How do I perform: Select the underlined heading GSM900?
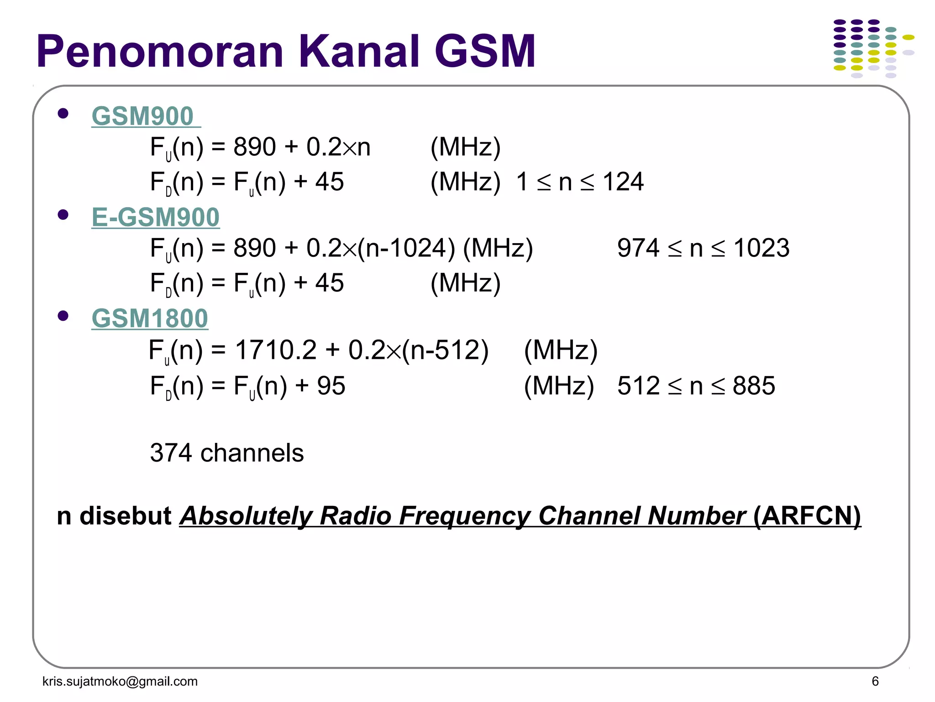tap(143, 116)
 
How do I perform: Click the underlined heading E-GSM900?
tap(155, 217)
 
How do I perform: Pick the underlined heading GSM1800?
tap(150, 319)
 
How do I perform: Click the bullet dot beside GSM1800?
tap(63, 316)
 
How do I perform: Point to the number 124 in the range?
tap(623, 182)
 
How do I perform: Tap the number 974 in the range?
tap(638, 248)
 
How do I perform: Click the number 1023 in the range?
tap(761, 248)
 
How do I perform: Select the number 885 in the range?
tap(754, 386)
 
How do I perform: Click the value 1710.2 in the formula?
tap(275, 350)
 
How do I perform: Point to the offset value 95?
tap(331, 386)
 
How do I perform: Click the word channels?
tap(252, 453)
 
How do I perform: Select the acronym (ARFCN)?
tap(807, 516)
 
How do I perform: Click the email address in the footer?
tap(120, 681)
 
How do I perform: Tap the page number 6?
tap(875, 681)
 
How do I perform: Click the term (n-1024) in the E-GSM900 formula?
tap(406, 248)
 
